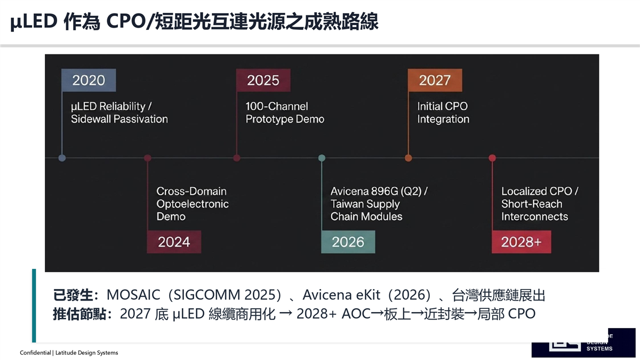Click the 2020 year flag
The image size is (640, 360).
tap(89, 80)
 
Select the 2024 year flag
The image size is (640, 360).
tap(174, 242)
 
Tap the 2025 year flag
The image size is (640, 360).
tap(263, 80)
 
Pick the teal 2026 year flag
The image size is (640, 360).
tap(348, 242)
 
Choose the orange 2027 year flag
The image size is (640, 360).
tap(435, 80)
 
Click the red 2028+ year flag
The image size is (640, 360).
tap(522, 242)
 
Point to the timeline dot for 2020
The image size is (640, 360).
tap(62, 158)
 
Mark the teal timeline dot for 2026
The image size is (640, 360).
tap(322, 158)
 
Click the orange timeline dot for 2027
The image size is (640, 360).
tap(409, 158)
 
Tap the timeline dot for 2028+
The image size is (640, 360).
tap(492, 158)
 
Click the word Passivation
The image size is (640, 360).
tap(141, 119)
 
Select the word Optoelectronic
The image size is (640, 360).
tap(193, 204)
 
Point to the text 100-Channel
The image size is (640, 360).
tap(277, 106)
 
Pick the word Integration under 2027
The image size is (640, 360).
tap(443, 119)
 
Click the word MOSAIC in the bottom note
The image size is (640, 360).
tap(133, 295)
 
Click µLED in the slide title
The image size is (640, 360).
tap(34, 21)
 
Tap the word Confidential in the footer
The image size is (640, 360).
tap(35, 353)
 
